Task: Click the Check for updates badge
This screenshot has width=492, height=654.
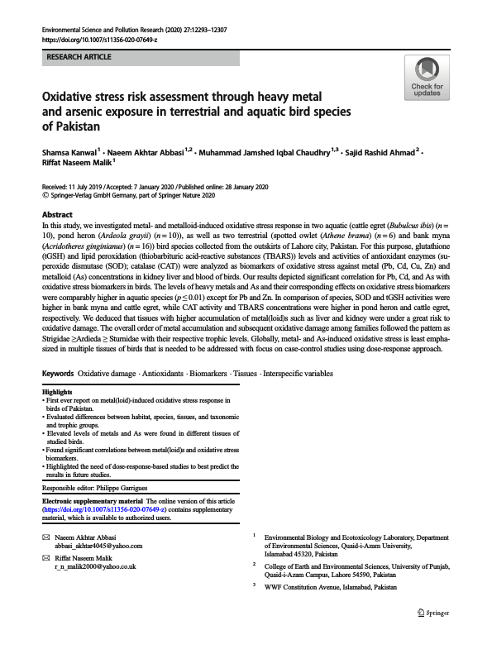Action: pyautogui.click(x=426, y=78)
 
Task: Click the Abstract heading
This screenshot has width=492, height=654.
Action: pyautogui.click(x=58, y=214)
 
